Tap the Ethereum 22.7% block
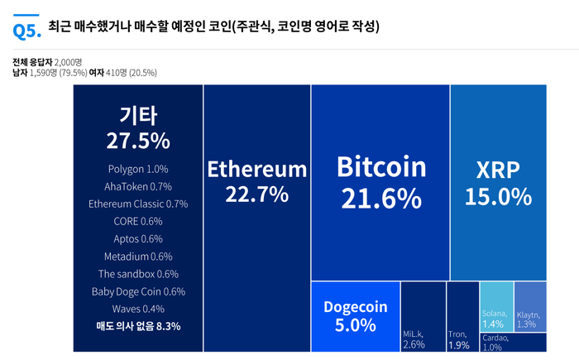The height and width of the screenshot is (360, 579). (x=256, y=182)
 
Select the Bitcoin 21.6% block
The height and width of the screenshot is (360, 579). (x=380, y=182)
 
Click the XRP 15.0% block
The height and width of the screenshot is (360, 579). (x=498, y=182)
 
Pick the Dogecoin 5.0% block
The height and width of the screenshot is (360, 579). (x=356, y=316)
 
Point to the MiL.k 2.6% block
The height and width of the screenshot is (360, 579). (x=422, y=316)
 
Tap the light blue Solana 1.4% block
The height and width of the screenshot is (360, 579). (x=495, y=306)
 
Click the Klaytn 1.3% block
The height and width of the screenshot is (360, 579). (x=530, y=306)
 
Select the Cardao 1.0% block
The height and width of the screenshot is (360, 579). (x=513, y=342)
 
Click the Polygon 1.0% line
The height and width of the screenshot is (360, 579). (x=138, y=169)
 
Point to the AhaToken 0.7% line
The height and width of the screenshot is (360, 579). (x=138, y=186)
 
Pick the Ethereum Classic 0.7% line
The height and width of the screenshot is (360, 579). (x=138, y=204)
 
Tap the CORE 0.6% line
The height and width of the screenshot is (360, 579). (x=138, y=221)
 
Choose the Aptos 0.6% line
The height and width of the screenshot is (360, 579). (x=138, y=238)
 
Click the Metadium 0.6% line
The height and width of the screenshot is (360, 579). (x=138, y=256)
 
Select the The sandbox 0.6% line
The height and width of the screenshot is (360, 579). (x=138, y=274)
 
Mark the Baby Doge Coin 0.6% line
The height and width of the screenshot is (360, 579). (x=138, y=291)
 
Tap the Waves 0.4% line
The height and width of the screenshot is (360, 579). (x=138, y=309)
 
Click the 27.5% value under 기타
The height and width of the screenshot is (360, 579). (x=138, y=140)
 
